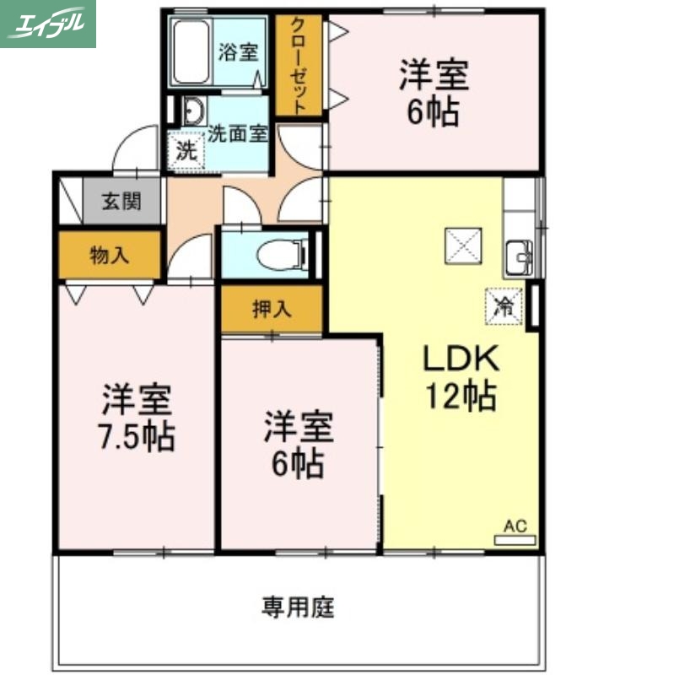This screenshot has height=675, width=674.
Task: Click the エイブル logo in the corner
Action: tap(48, 24)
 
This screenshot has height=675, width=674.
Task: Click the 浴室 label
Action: tap(237, 52)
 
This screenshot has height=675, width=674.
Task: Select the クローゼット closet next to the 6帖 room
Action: tap(299, 65)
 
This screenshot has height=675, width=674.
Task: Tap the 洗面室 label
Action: tap(238, 132)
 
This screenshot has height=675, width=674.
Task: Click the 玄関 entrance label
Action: tap(121, 202)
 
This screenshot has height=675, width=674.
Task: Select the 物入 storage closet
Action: tap(109, 256)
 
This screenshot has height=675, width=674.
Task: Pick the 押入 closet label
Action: tap(272, 309)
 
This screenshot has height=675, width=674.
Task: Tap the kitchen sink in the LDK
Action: tap(518, 254)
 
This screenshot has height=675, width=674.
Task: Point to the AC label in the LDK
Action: tap(515, 526)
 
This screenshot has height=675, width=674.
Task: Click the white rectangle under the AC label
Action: tap(515, 540)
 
